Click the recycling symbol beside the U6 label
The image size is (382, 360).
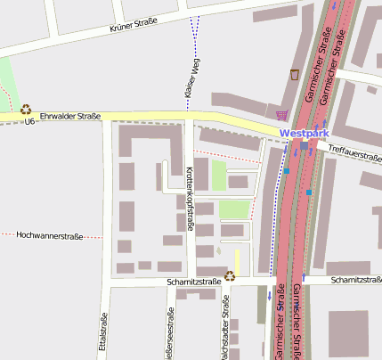click(26, 109)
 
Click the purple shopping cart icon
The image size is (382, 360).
click(282, 114)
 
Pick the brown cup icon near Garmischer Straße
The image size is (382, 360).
click(295, 74)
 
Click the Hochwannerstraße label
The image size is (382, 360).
click(50, 236)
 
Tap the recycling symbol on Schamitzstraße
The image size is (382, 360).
click(229, 276)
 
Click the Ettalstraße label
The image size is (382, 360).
click(104, 335)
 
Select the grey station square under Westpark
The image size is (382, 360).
click(305, 144)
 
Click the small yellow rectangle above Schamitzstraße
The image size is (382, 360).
click(237, 261)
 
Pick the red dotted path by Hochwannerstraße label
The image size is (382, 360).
click(93, 237)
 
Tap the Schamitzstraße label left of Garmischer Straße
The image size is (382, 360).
click(193, 282)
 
